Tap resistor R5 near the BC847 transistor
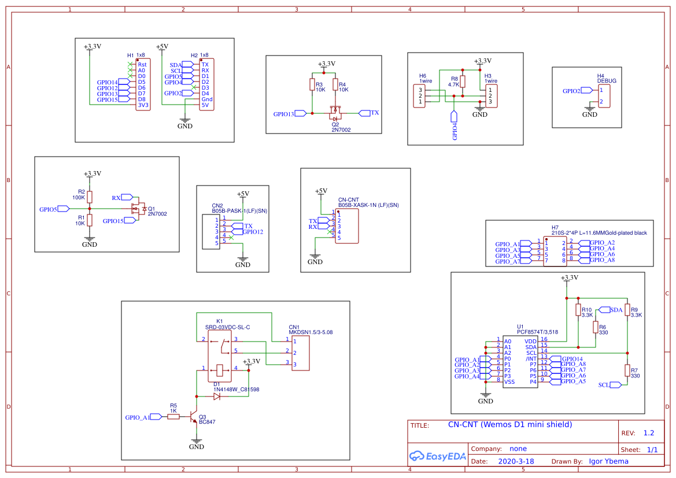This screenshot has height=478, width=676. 173,417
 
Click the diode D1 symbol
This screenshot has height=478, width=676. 217,397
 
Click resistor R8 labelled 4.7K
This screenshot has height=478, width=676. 463,82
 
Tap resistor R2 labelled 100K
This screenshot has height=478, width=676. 89,197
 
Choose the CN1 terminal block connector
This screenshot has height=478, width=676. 300,353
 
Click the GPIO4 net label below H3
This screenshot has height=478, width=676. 455,127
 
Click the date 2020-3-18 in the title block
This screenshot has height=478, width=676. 516,461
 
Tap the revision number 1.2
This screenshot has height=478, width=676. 648,433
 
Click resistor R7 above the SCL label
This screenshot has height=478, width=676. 627,370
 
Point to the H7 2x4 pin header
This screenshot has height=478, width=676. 555,251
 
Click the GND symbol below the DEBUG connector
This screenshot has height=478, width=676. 589,109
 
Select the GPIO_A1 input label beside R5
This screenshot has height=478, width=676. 138,417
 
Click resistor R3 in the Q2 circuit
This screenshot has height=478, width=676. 312,86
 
